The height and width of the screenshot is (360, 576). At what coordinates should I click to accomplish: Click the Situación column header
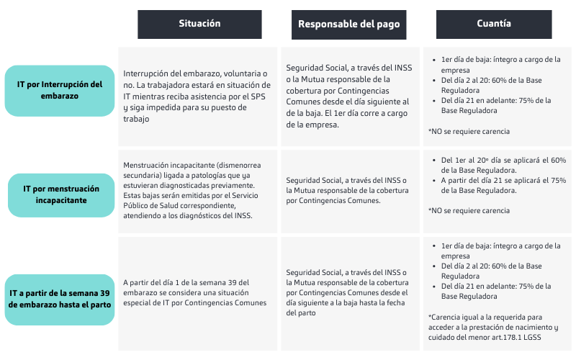click(199, 24)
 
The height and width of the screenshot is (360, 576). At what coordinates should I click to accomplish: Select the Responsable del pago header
click(349, 24)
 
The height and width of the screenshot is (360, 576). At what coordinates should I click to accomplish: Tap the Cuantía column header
click(493, 24)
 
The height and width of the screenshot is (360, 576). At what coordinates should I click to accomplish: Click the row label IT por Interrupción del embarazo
click(60, 90)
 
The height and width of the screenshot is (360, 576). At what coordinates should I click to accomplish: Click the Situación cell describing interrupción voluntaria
click(197, 96)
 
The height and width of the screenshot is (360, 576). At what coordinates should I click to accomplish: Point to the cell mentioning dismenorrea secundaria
click(197, 190)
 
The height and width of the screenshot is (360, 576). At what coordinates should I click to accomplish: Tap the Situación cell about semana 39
click(197, 292)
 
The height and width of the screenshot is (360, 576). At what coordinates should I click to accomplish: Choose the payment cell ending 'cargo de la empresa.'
click(348, 96)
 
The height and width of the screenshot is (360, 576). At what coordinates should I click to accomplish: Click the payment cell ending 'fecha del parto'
click(348, 292)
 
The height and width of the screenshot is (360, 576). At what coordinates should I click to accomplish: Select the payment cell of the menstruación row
click(348, 190)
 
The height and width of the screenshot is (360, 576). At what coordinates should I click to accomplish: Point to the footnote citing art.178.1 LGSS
click(492, 328)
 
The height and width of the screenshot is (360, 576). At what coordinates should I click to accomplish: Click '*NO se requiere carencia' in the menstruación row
click(469, 210)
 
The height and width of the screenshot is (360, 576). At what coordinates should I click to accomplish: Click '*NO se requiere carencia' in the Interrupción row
click(469, 132)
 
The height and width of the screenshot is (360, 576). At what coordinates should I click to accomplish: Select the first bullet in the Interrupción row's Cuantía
click(492, 65)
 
